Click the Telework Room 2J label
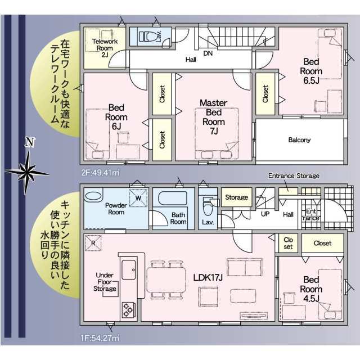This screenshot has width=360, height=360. [105, 48]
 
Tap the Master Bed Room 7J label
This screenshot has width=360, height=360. [214, 117]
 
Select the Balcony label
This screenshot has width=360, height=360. [299, 140]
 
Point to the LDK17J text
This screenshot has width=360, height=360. [208, 277]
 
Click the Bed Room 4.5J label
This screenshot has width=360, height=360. [311, 289]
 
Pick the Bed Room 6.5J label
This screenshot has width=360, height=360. [311, 71]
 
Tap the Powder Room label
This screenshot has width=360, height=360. [116, 209]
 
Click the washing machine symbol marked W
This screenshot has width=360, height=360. [138, 198]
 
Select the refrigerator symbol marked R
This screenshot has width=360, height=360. [93, 243]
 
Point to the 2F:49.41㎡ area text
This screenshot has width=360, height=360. [100, 173]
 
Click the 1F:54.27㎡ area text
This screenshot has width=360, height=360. [100, 338]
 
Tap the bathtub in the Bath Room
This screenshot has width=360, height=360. [173, 198]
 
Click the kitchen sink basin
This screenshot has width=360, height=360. [129, 270]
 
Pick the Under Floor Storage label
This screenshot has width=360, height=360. [105, 282]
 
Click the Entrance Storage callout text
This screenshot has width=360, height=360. [294, 176]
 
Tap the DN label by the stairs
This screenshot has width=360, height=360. [208, 53]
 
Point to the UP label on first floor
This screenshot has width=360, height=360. [265, 214]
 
